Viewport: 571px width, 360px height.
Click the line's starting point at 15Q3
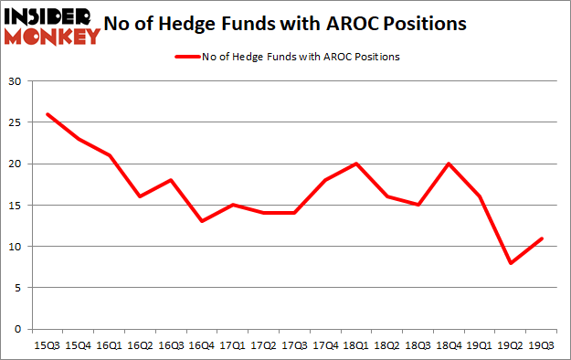click(x=47, y=114)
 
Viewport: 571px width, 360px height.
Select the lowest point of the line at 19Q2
click(x=512, y=263)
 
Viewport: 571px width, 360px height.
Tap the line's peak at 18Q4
click(x=449, y=164)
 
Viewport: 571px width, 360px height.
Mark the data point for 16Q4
click(x=201, y=221)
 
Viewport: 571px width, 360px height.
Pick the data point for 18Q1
click(x=356, y=164)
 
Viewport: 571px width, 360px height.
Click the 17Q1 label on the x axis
click(x=232, y=345)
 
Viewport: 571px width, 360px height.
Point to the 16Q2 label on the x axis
click(x=140, y=345)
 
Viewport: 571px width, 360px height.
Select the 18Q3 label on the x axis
click(x=418, y=345)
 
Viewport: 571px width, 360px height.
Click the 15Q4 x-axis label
click(x=78, y=345)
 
